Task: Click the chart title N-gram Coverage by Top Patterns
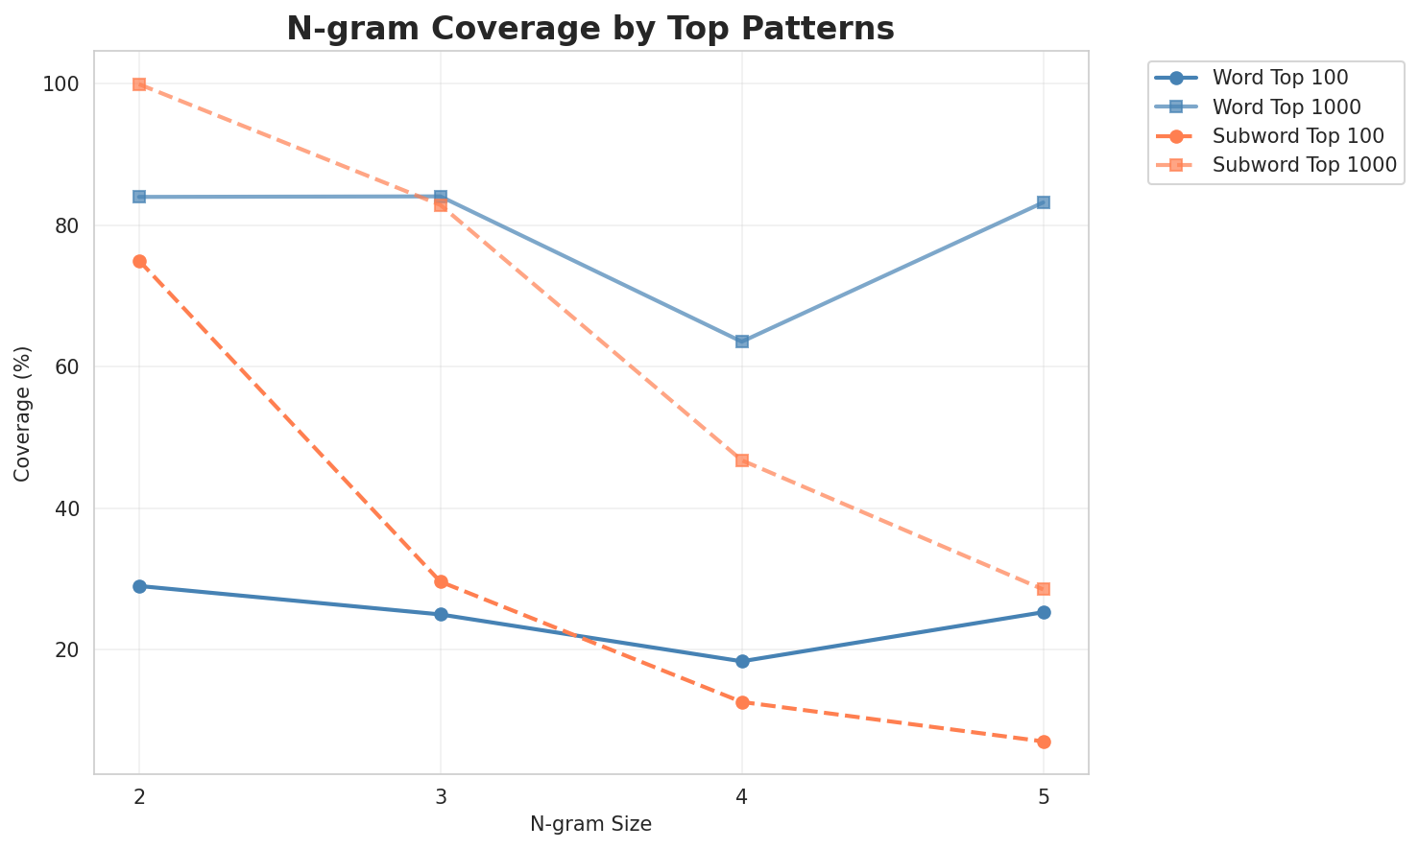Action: point(590,29)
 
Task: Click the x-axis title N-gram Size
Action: point(590,824)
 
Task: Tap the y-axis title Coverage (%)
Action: point(22,413)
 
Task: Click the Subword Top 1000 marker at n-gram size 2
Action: point(139,84)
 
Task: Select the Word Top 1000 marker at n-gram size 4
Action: point(742,342)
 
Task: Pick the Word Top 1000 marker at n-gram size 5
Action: point(1044,202)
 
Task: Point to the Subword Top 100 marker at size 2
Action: point(139,261)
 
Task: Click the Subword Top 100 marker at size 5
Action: point(1044,742)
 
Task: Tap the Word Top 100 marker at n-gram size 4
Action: point(742,661)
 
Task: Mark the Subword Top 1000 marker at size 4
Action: point(742,460)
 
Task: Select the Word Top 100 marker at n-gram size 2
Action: point(139,586)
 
